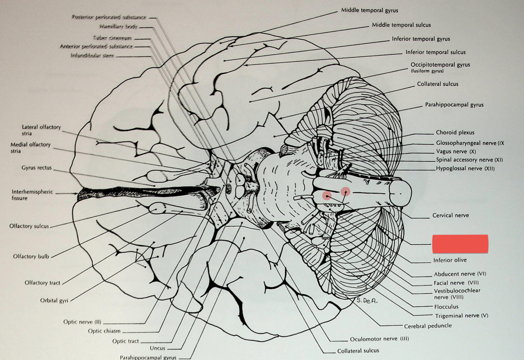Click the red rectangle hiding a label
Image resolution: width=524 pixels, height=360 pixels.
pos(460,244)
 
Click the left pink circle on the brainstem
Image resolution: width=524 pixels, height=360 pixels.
pos(327,195)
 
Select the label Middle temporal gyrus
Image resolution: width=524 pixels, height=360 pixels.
pos(369,10)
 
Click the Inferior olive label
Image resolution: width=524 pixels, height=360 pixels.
pos(450,260)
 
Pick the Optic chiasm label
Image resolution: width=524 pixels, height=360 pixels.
pos(104,331)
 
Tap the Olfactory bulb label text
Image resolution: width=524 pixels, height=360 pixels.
pos(31,256)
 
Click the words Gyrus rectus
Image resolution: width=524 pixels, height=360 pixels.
pos(37,168)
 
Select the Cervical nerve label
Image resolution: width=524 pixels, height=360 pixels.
pos(451,215)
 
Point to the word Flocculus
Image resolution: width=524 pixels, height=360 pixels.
pos(446,307)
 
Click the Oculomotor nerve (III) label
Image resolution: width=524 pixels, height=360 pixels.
pos(379,339)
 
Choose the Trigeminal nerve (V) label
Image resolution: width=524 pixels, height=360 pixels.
pos(462,316)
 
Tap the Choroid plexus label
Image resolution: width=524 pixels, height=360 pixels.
pos(455,132)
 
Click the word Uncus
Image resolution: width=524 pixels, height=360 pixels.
pos(158,348)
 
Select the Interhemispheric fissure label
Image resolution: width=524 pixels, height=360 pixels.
pos(32,195)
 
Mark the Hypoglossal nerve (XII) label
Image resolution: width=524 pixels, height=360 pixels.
pos(465,169)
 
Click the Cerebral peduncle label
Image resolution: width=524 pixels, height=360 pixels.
pos(428,326)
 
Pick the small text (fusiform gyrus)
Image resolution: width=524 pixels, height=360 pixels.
pos(427,71)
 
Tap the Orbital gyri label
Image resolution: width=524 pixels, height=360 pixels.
pos(54,300)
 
